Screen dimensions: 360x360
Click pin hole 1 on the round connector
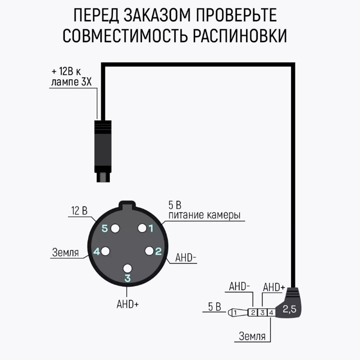pos(143,228)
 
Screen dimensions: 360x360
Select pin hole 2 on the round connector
pos(149,251)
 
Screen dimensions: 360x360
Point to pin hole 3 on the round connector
pos(127,268)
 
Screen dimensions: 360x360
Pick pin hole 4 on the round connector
pos(105,251)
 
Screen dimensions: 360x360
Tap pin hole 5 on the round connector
pos(115,229)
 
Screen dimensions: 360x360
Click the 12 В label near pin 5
pos(79,211)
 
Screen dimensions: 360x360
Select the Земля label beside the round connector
pos(65,252)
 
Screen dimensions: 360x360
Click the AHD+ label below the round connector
pos(127,304)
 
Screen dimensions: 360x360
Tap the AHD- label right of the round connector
pos(186,258)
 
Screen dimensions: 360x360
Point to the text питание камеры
pos(204,216)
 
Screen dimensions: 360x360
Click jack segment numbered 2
pos(253,312)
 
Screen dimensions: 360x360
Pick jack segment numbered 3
pos(263,312)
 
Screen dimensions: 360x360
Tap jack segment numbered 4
pos(271,312)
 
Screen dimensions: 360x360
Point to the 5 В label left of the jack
pos(214,307)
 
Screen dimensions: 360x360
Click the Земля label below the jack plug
pos(252,337)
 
